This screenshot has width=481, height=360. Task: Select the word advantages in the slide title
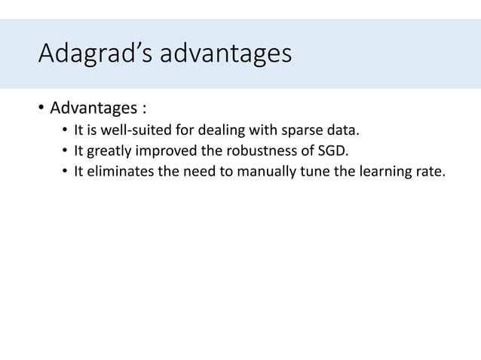click(225, 54)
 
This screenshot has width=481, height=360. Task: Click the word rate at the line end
click(429, 174)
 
